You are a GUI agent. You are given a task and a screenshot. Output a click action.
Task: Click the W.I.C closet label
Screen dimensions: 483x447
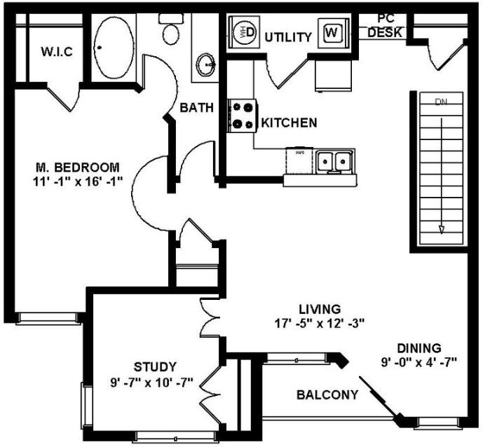click(x=57, y=52)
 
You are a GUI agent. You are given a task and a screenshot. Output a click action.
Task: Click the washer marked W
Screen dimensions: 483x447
click(x=332, y=32)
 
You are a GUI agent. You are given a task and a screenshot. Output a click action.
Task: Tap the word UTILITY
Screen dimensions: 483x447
click(x=288, y=37)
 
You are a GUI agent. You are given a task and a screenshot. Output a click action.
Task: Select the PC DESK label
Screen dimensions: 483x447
click(x=385, y=25)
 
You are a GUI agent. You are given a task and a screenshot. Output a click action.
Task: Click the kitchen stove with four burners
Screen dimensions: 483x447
click(x=243, y=116)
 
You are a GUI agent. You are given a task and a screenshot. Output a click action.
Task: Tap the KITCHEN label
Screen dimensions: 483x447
click(x=289, y=123)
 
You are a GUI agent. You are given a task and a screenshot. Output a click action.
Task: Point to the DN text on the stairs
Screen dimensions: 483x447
click(x=441, y=102)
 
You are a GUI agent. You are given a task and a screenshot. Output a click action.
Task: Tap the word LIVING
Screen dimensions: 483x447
click(x=319, y=308)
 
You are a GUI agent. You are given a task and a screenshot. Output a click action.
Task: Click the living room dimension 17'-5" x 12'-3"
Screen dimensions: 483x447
click(x=320, y=323)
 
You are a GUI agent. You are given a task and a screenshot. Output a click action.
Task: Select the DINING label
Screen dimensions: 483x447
click(x=419, y=348)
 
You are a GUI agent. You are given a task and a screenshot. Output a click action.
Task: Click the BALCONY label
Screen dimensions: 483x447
click(x=327, y=394)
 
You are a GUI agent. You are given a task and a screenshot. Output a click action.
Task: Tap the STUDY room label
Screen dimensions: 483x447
click(x=155, y=366)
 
